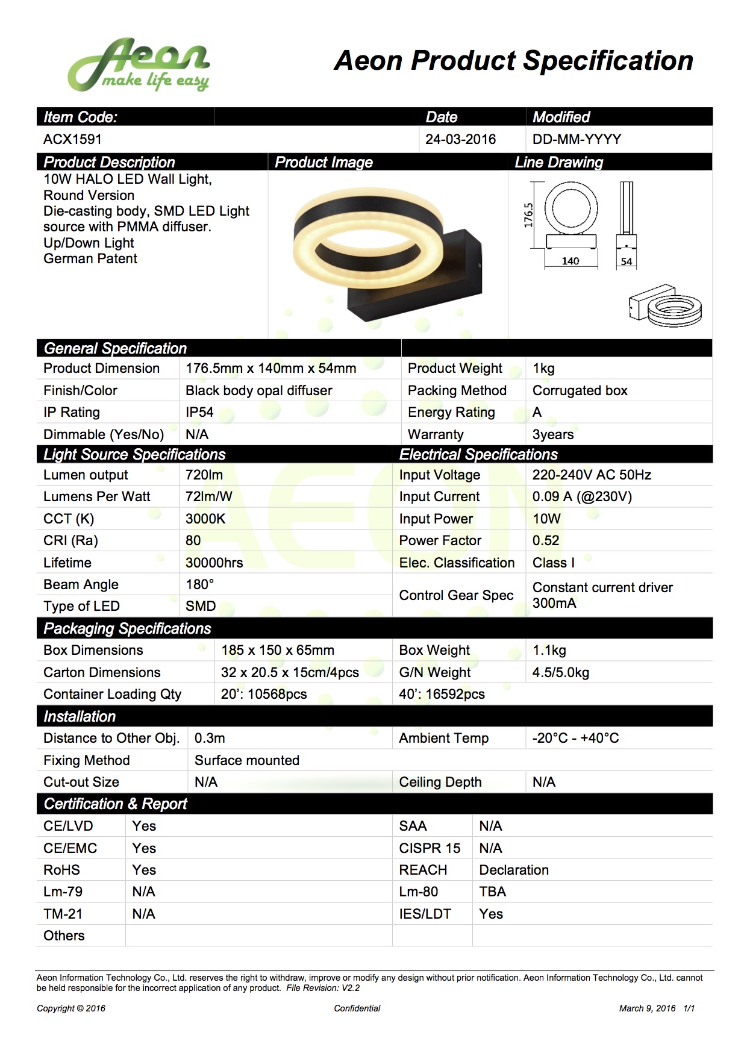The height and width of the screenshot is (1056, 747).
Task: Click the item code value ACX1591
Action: coord(72,139)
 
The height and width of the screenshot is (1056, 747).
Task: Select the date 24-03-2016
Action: coord(460,139)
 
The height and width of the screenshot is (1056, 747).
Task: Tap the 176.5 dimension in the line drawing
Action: coord(528,215)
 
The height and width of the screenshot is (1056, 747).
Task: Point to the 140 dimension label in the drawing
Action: coord(570,261)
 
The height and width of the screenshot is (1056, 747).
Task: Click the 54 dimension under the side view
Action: coord(627,261)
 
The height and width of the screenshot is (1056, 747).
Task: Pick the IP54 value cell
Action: coord(199,412)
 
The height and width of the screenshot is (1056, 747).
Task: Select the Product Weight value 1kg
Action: coord(543,368)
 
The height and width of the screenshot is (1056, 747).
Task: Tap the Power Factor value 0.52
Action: coord(546,540)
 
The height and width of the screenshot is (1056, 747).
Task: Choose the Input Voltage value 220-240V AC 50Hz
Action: coord(592,475)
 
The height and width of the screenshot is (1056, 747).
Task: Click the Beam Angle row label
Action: coord(81,584)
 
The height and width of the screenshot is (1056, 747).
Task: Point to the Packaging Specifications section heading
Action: coord(127,628)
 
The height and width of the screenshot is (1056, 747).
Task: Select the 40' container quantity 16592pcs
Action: coord(442,694)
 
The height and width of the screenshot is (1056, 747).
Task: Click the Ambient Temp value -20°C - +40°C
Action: coord(575,738)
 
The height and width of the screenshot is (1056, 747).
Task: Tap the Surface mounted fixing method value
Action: coord(246,760)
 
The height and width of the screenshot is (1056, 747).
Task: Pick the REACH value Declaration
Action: coord(514,870)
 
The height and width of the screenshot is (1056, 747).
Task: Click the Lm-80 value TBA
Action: coord(492,892)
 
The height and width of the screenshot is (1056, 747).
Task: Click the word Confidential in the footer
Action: coord(357,1008)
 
